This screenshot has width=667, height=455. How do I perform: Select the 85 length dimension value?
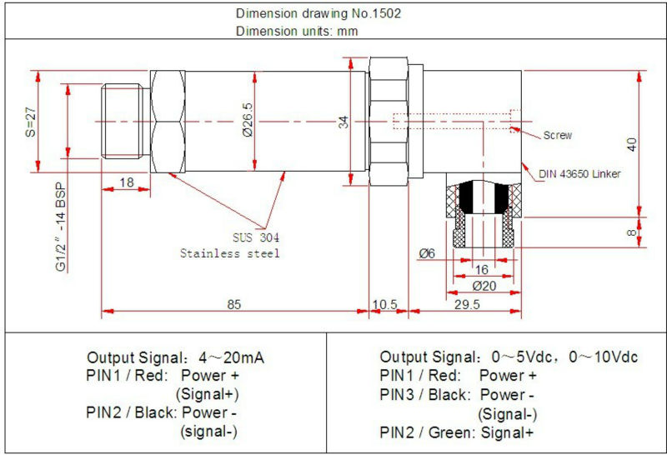[x=234, y=305]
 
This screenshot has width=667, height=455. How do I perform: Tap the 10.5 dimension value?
[x=384, y=305]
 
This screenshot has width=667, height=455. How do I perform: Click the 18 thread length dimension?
[x=127, y=182]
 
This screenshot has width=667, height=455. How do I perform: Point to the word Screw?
[x=558, y=135]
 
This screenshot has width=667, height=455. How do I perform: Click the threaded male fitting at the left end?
[x=125, y=122]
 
